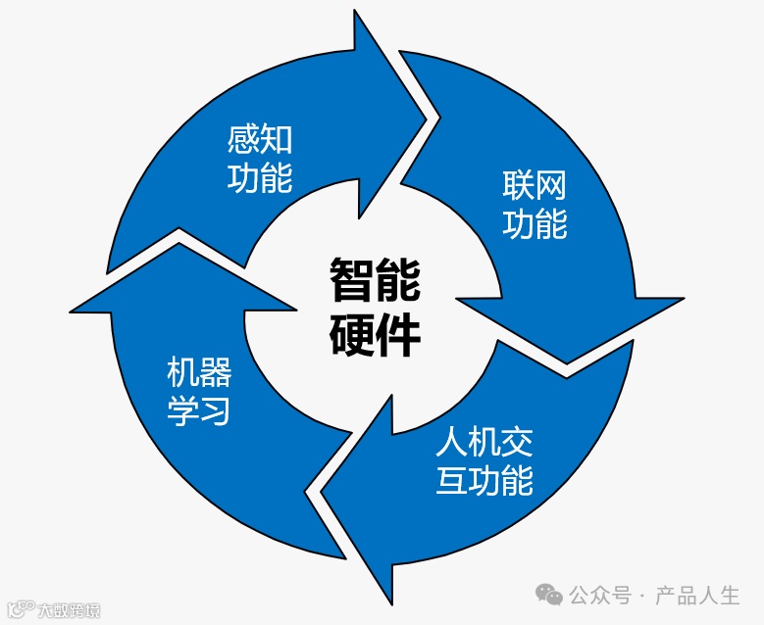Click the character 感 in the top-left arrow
pyautogui.click(x=243, y=140)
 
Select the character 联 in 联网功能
pyautogui.click(x=519, y=185)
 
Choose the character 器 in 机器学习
pyautogui.click(x=215, y=373)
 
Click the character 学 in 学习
pyautogui.click(x=182, y=411)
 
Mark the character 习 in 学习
pyautogui.click(x=216, y=411)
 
